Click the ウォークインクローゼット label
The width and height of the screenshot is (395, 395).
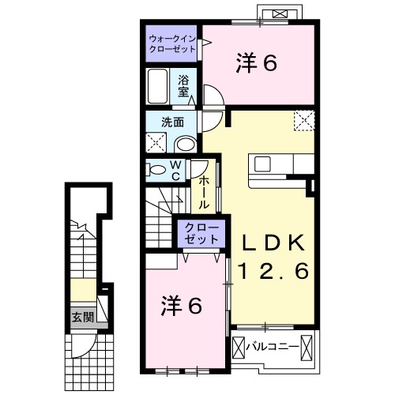point(172,44)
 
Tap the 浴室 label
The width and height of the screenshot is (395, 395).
point(183,86)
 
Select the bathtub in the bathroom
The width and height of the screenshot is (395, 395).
point(157,86)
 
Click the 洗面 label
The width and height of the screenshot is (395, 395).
point(172,122)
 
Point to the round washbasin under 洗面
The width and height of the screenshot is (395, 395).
point(186,144)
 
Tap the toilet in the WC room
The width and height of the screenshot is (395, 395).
point(156,170)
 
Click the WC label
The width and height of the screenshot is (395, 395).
point(175,171)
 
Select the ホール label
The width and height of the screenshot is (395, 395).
point(204,192)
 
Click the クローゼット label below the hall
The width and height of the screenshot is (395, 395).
point(201,233)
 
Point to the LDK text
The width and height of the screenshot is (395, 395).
point(273,243)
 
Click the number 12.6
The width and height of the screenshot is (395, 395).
point(273,271)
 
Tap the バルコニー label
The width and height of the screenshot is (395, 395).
point(273,347)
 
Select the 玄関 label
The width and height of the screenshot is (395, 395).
point(83,318)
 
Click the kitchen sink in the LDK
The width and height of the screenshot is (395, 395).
point(262,164)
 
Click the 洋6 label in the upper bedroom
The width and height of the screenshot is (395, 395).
point(256,63)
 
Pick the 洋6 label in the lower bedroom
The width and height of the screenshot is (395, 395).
point(182,306)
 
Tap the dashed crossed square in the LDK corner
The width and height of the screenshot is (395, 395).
point(304,120)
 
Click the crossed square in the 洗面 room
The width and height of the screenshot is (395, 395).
point(156,142)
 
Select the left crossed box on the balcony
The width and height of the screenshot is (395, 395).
point(239,348)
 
